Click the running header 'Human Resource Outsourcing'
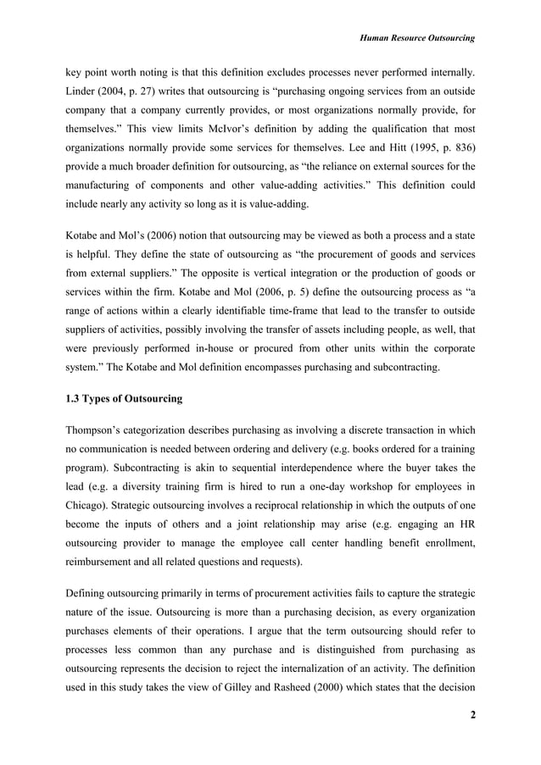point(416,38)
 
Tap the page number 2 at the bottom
point(471,720)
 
